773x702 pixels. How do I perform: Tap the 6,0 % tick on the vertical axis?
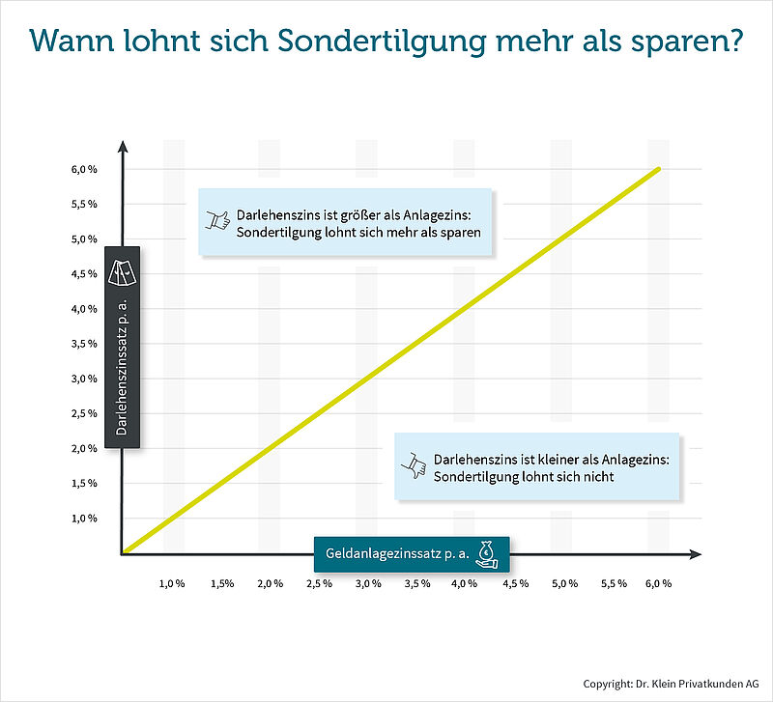point(84,170)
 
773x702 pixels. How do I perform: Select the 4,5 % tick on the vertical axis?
point(84,274)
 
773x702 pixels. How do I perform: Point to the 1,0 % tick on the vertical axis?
point(84,519)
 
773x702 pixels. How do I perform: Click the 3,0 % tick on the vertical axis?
point(84,379)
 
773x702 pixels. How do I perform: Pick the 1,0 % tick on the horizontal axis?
point(172,584)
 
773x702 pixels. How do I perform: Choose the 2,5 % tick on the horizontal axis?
point(319,584)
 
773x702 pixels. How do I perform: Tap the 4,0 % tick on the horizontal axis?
point(465,584)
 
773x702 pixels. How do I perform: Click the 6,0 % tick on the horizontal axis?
point(659,584)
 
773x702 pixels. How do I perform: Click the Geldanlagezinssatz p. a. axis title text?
point(397,554)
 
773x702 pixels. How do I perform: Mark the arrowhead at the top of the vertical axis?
point(123,148)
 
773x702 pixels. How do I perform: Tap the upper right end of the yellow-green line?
point(658,169)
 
